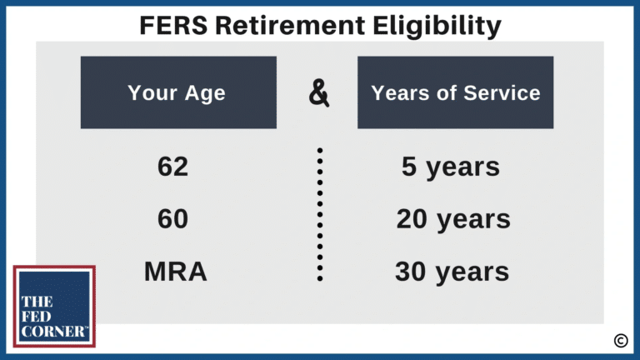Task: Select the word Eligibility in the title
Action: [433, 25]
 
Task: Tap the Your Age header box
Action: [177, 92]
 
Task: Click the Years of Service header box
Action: [455, 92]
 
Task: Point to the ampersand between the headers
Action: [319, 93]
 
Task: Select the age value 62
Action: [172, 167]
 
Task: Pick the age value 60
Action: [172, 219]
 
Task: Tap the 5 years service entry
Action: [451, 167]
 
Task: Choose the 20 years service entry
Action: [453, 219]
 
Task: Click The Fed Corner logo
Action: [54, 306]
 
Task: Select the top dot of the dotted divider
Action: [320, 151]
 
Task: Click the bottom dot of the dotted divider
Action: [320, 279]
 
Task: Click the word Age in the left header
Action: [206, 92]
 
